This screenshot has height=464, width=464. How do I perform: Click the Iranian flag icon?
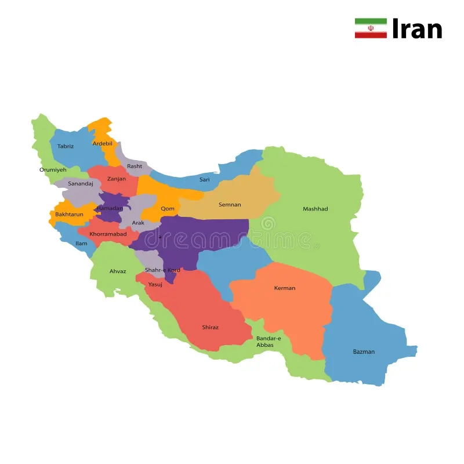point(371,28)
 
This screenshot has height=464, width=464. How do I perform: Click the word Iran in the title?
point(417,28)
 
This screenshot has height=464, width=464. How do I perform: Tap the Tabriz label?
point(66,146)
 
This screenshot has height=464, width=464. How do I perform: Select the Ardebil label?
point(102,143)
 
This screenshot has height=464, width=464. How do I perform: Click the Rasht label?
point(135,166)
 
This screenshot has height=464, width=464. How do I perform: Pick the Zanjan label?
point(117,179)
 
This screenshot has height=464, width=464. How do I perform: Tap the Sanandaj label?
point(81,184)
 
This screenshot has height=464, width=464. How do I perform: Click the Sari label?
point(205,180)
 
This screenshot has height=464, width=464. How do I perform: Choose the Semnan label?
point(230,205)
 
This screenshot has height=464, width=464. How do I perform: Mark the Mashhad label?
point(316,209)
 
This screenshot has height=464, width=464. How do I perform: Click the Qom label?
point(168,209)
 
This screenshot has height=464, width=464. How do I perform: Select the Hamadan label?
point(110,208)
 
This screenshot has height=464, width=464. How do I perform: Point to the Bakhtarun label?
point(70,215)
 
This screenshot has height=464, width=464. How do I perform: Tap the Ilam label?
point(81,244)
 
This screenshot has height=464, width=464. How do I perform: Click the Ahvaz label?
point(118,271)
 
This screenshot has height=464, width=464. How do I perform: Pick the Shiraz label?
point(211,327)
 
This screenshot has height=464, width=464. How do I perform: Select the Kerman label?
point(285,288)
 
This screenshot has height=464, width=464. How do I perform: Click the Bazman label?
point(364,351)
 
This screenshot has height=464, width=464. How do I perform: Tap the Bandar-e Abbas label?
point(269,342)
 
